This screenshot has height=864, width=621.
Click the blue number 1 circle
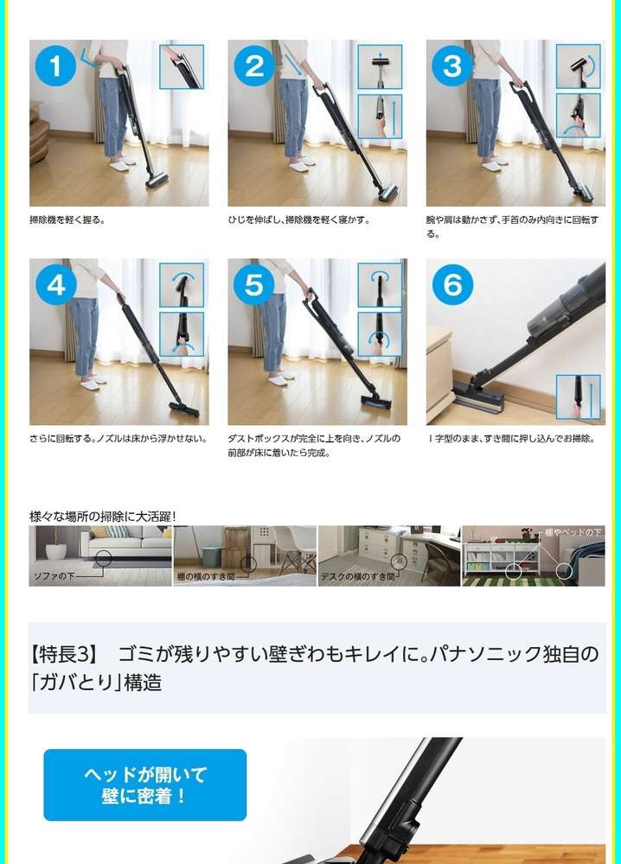point(55,67)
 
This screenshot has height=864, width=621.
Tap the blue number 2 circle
point(253,67)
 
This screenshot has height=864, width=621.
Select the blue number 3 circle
point(451,67)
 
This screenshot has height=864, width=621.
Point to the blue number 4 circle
point(55,285)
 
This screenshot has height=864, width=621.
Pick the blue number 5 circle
point(253,285)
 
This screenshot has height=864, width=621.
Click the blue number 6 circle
point(452,285)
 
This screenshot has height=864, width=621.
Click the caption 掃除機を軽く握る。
point(67,219)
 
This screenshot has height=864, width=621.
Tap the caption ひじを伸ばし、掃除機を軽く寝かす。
point(298,219)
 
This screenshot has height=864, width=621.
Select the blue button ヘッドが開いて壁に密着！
point(145,785)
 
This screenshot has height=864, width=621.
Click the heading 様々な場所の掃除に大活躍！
point(103,517)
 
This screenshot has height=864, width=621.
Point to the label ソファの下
point(54,576)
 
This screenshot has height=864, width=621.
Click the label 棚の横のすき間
point(206,577)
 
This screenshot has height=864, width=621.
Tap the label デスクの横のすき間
point(357,577)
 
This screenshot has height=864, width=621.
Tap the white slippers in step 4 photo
point(93,382)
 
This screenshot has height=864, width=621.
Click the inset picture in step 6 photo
point(578,397)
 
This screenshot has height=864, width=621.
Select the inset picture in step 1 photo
point(182,67)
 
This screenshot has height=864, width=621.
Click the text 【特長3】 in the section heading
point(65,654)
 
